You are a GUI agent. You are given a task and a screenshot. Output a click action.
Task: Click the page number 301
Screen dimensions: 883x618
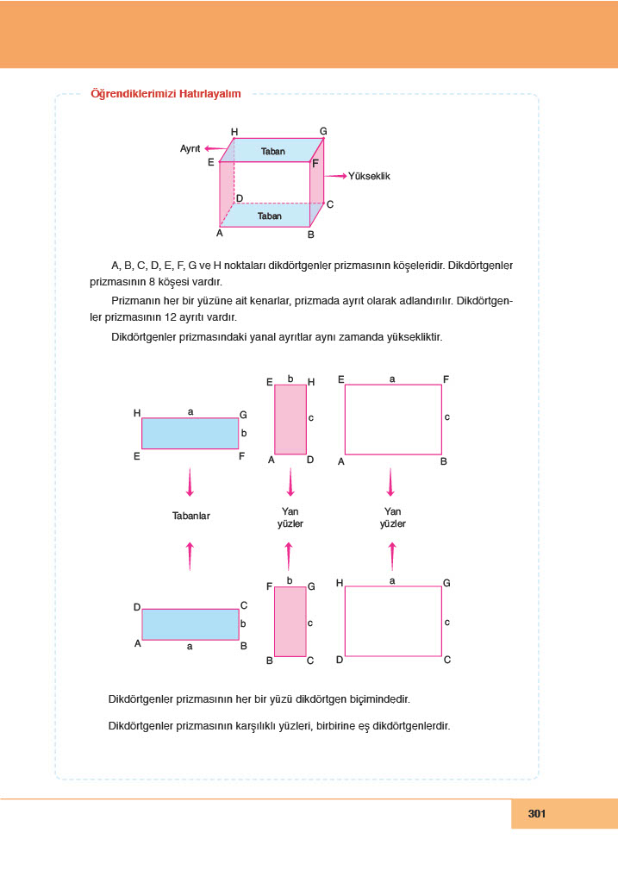(538, 813)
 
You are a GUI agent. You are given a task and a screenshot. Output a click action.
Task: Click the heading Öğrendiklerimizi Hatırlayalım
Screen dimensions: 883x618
(165, 94)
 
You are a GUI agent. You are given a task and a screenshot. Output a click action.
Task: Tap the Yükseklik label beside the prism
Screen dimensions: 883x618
(370, 176)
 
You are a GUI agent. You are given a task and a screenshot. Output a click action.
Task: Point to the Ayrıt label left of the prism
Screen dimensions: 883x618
(190, 149)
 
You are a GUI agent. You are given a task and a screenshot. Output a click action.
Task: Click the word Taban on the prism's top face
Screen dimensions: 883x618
(272, 151)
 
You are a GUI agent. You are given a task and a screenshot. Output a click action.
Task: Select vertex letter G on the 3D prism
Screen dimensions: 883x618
(323, 131)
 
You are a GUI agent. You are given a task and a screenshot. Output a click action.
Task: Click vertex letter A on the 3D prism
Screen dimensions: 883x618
(220, 233)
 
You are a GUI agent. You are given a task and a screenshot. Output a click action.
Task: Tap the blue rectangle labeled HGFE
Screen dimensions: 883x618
(190, 433)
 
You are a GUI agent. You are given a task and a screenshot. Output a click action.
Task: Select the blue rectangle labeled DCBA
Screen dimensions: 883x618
(190, 624)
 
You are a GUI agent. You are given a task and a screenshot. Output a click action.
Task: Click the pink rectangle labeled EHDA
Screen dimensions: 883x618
(290, 419)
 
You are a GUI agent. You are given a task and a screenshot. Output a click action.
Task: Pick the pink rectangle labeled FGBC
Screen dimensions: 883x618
(290, 621)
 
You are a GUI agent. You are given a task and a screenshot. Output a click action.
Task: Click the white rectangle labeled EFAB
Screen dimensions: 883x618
(393, 419)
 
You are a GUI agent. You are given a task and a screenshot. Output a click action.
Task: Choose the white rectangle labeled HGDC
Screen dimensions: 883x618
(393, 621)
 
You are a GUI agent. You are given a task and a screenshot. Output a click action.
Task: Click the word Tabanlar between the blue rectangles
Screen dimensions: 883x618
(191, 517)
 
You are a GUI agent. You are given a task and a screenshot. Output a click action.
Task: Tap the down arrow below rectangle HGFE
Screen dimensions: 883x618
(190, 482)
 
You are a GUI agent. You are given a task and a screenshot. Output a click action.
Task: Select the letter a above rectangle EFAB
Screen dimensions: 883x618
(393, 379)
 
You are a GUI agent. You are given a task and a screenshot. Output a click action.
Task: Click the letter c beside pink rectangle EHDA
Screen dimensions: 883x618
(310, 417)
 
